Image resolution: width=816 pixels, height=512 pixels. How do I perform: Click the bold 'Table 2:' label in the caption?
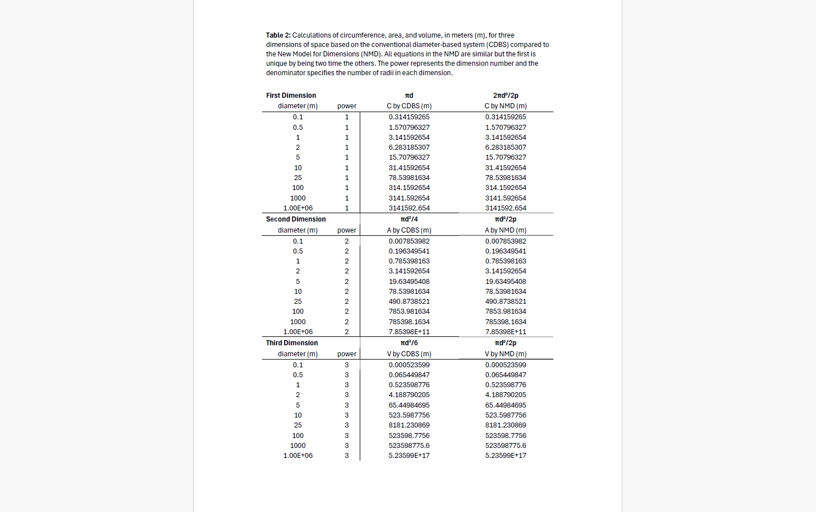click(x=278, y=35)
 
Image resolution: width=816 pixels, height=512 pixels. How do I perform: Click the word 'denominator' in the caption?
click(x=286, y=73)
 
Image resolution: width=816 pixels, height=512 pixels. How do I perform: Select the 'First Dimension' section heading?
click(x=291, y=96)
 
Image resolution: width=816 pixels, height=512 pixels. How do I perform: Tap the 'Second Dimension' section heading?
click(x=296, y=219)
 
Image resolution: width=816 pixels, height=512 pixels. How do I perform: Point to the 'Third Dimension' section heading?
click(x=292, y=343)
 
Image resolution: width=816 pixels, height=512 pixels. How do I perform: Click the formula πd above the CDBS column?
click(x=409, y=96)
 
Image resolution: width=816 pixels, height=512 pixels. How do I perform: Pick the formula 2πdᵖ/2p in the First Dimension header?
click(x=505, y=96)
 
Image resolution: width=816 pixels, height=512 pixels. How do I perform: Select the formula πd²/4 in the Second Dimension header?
click(x=409, y=219)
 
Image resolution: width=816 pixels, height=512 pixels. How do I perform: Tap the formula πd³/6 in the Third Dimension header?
click(x=409, y=343)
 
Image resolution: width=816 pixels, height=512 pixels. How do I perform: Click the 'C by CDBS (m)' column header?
click(x=409, y=106)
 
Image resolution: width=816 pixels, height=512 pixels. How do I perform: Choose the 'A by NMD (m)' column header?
click(x=505, y=230)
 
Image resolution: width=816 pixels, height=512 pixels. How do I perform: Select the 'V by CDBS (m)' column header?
click(x=409, y=354)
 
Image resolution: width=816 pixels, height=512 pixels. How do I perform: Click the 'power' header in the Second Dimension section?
click(x=346, y=230)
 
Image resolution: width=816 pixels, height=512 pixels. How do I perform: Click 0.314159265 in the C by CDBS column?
click(x=409, y=117)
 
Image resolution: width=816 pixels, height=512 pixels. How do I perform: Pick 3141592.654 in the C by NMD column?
click(x=505, y=208)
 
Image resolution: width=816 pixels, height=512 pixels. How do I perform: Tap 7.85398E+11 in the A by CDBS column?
click(x=409, y=332)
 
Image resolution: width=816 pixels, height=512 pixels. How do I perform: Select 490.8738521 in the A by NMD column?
click(x=505, y=302)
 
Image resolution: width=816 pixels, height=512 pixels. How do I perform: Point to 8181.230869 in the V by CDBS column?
click(x=409, y=425)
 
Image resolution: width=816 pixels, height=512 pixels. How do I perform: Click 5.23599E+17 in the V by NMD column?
click(x=505, y=456)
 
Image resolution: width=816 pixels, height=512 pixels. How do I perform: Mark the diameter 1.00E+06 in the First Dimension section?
click(x=298, y=208)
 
